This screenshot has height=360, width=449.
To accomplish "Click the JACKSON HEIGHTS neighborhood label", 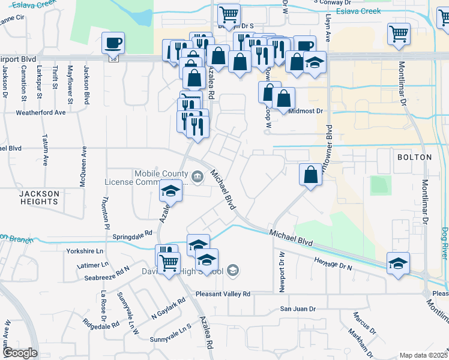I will [39, 197].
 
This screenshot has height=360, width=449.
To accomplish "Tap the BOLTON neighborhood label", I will [414, 157].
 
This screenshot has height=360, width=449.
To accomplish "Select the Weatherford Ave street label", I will [41, 112].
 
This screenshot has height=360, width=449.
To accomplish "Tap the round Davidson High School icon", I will [233, 271].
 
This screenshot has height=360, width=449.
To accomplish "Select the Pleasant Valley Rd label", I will [222, 294].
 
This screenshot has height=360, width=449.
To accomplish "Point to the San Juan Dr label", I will [298, 309].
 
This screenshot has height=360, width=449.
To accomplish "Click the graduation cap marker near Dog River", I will [398, 263].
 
